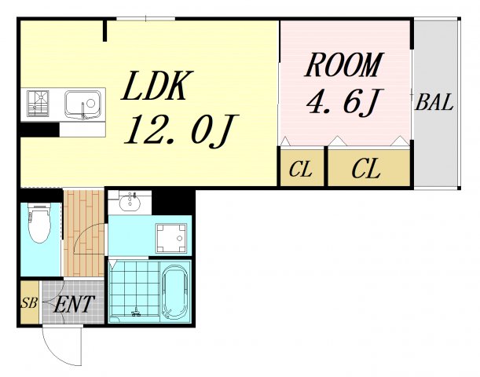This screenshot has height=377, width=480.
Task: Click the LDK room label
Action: (x=157, y=86)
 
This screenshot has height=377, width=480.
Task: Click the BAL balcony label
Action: (x=434, y=102)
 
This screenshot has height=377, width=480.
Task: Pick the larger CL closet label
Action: (x=366, y=168)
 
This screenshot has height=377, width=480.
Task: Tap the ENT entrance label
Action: (x=73, y=304)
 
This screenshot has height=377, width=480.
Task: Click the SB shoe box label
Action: (x=29, y=303)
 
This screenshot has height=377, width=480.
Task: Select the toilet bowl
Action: (x=39, y=223)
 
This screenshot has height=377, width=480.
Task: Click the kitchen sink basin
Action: (x=82, y=104)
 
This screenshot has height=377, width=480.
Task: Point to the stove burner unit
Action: (x=38, y=103)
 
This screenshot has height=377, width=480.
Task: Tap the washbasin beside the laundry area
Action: (x=130, y=203)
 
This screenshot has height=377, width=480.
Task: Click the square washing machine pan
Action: (x=171, y=239)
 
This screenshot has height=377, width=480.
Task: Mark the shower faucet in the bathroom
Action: (x=136, y=312)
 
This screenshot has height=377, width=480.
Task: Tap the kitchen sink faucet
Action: (x=83, y=111)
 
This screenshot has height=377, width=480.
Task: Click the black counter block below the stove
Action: (x=40, y=130)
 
